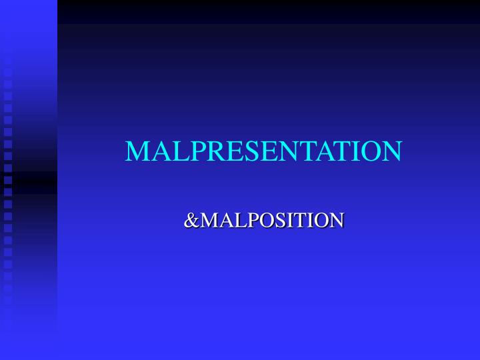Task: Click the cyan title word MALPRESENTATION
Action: [x=263, y=151]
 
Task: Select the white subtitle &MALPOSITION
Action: [x=263, y=219]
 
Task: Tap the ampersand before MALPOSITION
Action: [x=191, y=219]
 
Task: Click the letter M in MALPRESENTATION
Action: [x=137, y=151]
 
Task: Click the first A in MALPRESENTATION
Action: [x=157, y=151]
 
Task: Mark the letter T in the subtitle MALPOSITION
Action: [x=301, y=219]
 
